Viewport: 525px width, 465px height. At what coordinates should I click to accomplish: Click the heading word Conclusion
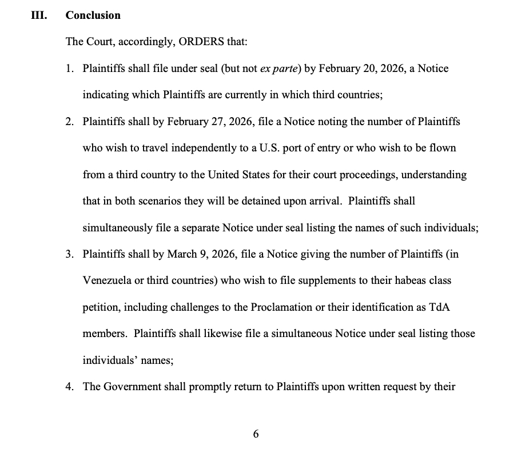click(x=93, y=15)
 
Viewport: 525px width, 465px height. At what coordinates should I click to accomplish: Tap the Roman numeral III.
click(x=38, y=15)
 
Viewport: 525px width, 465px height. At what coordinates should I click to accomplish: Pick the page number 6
click(x=256, y=434)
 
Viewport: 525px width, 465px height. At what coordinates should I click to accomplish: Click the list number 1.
click(x=69, y=69)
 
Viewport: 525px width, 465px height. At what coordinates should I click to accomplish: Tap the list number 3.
click(x=69, y=254)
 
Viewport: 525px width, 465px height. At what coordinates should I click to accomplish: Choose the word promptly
click(x=210, y=386)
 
